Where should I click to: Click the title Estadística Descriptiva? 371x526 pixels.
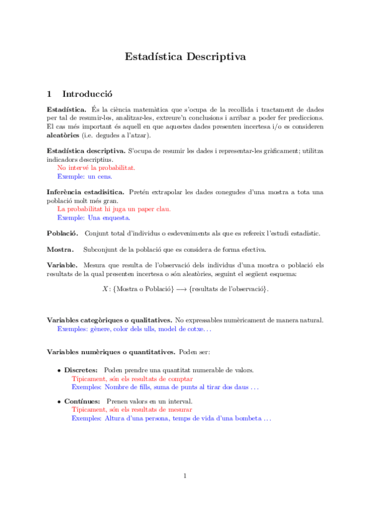pos(185,56)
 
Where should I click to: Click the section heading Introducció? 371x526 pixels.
pos(87,94)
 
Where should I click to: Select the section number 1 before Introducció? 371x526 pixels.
pos(50,94)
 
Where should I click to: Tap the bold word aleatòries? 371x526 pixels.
pos(63,135)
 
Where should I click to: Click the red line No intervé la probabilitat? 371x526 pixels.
pos(96,167)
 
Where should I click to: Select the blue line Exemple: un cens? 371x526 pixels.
pos(85,176)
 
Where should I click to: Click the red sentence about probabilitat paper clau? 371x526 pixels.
pos(113,209)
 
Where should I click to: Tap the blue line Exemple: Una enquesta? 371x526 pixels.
pos(94,218)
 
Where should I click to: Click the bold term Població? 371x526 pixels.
pos(63,233)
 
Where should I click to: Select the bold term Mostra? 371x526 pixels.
pos(60,249)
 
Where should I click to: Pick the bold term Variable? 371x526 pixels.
pos(62,265)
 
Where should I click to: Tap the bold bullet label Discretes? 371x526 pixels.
pos(81,370)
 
